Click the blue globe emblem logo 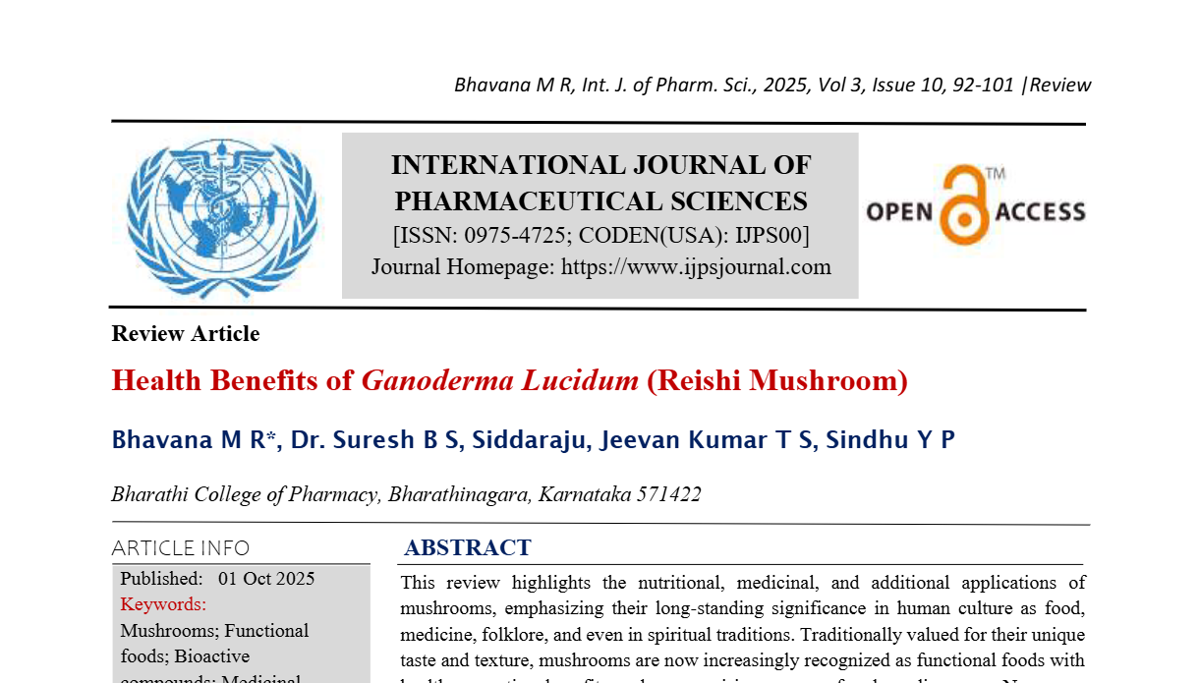coord(222,216)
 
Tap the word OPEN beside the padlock coord(899,211)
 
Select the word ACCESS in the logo coord(1041,211)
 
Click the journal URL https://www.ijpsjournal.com coord(696,266)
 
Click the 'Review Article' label coord(186,334)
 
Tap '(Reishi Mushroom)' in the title coord(776,379)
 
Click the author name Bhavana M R coord(193,439)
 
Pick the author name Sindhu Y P coord(890,439)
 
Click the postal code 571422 coord(668,494)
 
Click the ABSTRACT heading coord(468,547)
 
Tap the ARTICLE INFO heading coord(181,548)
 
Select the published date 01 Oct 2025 coord(266,579)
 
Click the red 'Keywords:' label coord(163,604)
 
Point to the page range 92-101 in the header coord(983,85)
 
